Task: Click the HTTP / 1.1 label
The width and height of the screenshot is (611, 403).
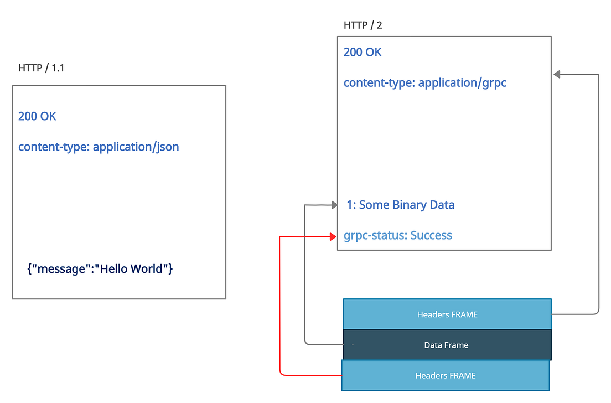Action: pyautogui.click(x=42, y=68)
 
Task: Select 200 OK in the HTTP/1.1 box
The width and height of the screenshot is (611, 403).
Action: pyautogui.click(x=37, y=116)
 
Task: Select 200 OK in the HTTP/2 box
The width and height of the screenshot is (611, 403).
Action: pyautogui.click(x=363, y=53)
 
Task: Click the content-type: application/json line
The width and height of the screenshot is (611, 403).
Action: pyautogui.click(x=99, y=147)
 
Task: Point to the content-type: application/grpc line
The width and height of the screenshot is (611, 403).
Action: pyautogui.click(x=425, y=83)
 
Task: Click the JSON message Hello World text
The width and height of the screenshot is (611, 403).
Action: pyautogui.click(x=100, y=269)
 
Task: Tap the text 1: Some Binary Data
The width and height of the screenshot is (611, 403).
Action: pyautogui.click(x=401, y=205)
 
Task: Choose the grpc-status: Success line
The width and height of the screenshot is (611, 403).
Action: pyautogui.click(x=398, y=236)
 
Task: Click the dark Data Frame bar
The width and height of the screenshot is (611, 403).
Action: pyautogui.click(x=447, y=345)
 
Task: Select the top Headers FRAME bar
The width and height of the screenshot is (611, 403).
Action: pyautogui.click(x=447, y=314)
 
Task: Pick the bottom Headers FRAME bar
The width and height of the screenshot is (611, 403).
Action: pyautogui.click(x=446, y=375)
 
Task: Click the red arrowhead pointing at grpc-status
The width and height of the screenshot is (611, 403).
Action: pyautogui.click(x=334, y=236)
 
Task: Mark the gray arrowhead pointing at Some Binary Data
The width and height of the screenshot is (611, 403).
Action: pyautogui.click(x=334, y=205)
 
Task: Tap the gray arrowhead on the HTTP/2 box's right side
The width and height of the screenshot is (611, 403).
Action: pyautogui.click(x=556, y=74)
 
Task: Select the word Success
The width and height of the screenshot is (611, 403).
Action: pyautogui.click(x=431, y=236)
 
